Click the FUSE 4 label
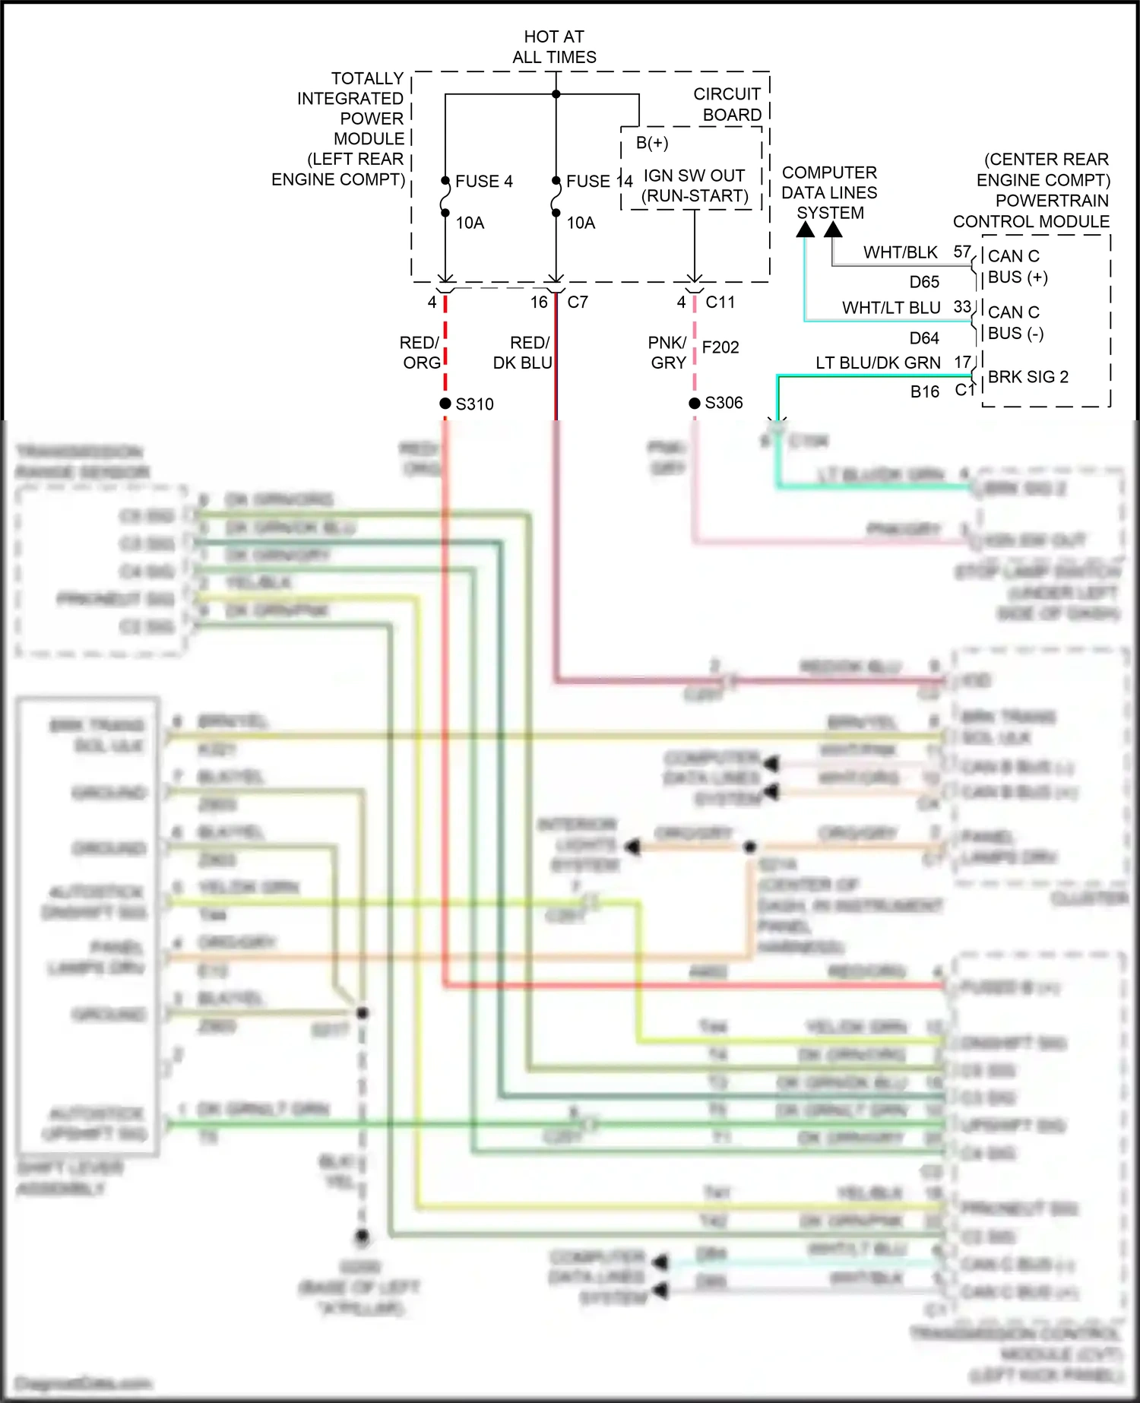(x=483, y=182)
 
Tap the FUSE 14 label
(x=599, y=182)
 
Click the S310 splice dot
(x=445, y=403)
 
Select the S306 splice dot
(x=695, y=403)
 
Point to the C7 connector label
(x=578, y=302)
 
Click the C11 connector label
(x=720, y=302)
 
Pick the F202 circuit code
(x=720, y=347)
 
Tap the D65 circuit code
(x=924, y=282)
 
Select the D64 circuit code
(x=924, y=338)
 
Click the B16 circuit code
(x=925, y=392)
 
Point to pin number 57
(x=962, y=252)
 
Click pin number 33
(x=962, y=307)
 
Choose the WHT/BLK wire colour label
(x=901, y=252)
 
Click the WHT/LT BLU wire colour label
(x=891, y=308)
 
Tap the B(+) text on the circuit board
(x=652, y=143)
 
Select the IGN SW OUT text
(x=694, y=176)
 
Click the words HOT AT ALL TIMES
(x=554, y=47)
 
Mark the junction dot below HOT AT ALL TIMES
(x=556, y=94)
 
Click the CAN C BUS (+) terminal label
(x=1018, y=267)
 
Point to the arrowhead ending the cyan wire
(x=805, y=229)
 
